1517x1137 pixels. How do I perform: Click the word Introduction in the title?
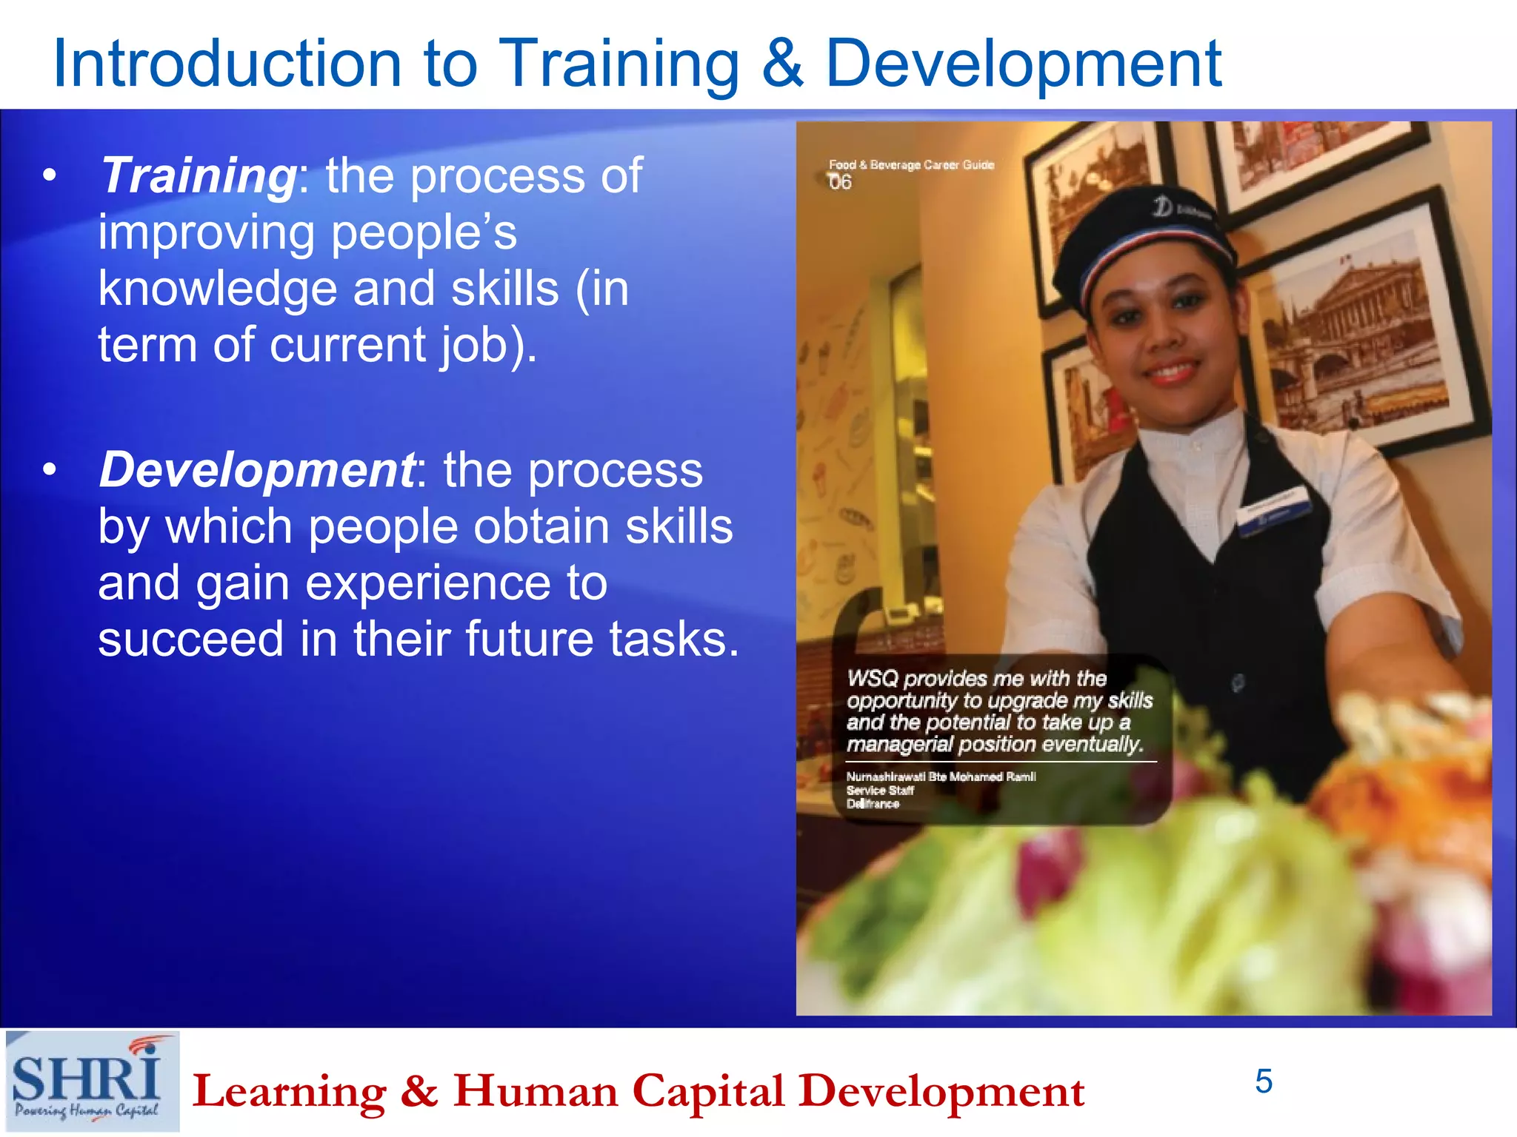(227, 64)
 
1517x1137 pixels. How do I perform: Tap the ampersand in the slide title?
(781, 64)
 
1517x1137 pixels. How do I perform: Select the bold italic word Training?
(198, 176)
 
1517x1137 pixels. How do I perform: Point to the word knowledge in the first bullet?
(217, 289)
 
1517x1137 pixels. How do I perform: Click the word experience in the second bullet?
(427, 583)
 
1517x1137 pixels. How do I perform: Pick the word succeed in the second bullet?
(190, 639)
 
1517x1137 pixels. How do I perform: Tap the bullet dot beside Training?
(50, 176)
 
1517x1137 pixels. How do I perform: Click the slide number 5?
(1264, 1081)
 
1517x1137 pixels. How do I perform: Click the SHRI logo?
(92, 1081)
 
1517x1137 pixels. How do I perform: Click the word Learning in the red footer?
(289, 1092)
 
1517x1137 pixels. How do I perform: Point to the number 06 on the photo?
(840, 182)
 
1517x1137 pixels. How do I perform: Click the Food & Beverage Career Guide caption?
(911, 164)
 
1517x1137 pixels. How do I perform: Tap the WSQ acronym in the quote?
(872, 679)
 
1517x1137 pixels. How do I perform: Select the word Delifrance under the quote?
(873, 804)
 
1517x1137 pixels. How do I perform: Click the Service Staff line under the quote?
(880, 791)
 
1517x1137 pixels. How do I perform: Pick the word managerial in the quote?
(899, 745)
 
